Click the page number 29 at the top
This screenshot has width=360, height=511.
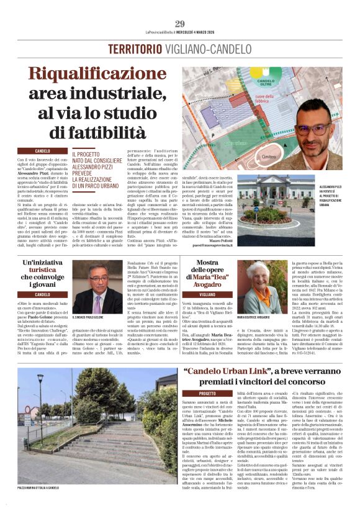point(180,24)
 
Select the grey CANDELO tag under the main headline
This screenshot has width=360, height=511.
point(42,151)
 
